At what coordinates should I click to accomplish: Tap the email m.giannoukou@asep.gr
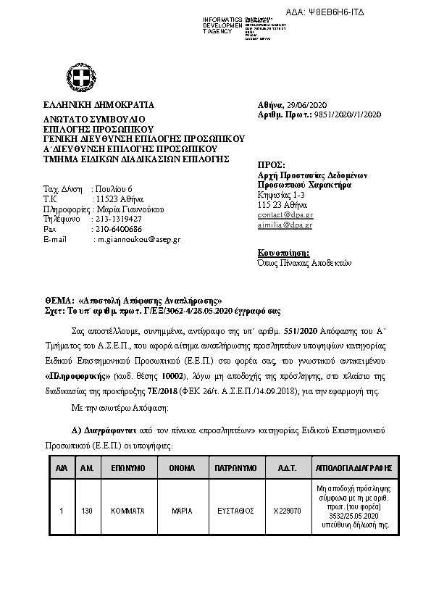coord(139,239)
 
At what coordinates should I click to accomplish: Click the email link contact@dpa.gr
coord(285,215)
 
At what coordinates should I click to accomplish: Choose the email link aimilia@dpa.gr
coord(285,225)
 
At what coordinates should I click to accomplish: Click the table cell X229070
coord(287,511)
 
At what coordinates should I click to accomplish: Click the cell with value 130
coord(87,511)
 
